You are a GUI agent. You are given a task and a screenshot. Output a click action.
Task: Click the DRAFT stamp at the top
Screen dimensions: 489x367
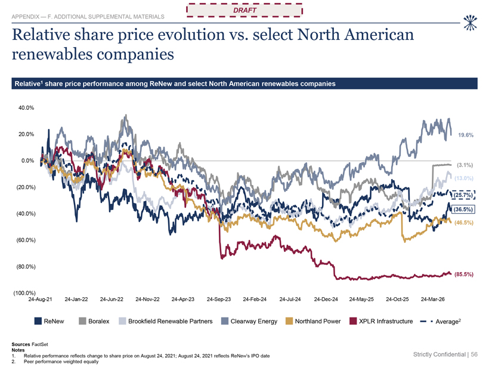pos(244,10)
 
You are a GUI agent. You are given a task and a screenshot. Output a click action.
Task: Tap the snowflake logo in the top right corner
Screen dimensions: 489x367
pos(470,23)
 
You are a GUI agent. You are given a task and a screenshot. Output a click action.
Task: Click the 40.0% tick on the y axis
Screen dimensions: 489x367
pos(26,108)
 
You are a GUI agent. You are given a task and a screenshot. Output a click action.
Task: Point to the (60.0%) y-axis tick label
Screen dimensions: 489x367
pos(26,240)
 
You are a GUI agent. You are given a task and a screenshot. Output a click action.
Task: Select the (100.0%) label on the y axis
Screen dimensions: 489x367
pos(24,293)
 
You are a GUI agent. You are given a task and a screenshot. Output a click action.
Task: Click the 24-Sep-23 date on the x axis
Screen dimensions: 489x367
pos(219,300)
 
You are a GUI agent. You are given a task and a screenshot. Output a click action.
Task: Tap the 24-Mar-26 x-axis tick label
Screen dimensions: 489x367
pos(432,300)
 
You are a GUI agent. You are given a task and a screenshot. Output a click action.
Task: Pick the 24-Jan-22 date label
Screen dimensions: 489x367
pos(76,300)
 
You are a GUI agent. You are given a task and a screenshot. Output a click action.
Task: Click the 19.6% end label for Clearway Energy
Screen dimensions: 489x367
pos(466,135)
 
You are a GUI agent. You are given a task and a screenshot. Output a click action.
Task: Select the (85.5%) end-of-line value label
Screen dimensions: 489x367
pos(464,275)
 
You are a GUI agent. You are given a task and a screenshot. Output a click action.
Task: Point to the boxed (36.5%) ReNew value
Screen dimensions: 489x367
pos(463,209)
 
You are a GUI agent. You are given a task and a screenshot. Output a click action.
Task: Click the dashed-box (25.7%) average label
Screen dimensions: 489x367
pos(463,195)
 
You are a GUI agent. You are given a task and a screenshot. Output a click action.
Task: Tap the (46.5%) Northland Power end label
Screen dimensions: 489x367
pos(464,223)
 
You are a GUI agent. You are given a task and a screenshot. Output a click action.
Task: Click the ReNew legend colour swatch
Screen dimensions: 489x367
pos(38,321)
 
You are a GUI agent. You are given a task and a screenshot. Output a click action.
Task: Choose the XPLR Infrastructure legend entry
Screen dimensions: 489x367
pos(381,321)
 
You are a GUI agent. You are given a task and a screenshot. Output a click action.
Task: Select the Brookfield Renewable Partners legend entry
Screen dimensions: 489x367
pos(166,321)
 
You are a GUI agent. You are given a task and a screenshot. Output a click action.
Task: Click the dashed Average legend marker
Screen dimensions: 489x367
pos(426,321)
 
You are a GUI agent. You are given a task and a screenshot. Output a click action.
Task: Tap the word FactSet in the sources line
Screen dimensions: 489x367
pos(40,344)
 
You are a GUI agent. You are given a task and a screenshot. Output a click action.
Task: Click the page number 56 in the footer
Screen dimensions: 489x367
pos(474,354)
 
